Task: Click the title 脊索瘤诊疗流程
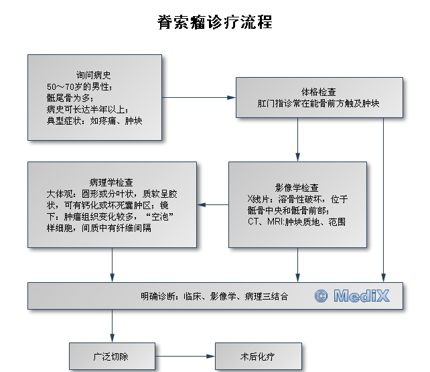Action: click(x=215, y=22)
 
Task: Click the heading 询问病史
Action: click(x=94, y=75)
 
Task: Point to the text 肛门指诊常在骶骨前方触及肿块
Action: click(x=319, y=104)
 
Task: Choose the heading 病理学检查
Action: click(x=111, y=182)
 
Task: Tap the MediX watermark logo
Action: click(x=351, y=296)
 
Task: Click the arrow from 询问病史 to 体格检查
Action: click(x=198, y=98)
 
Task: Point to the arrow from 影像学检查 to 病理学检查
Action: click(x=213, y=204)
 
